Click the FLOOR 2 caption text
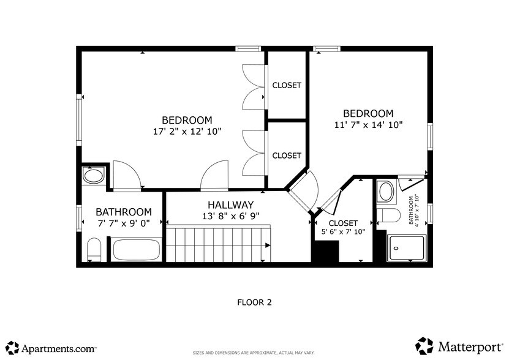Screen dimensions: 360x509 [x=254, y=302]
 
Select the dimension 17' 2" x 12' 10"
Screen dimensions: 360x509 [x=187, y=131]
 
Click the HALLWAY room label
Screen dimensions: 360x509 [x=230, y=205]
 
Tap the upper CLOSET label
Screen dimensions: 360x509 [x=287, y=86]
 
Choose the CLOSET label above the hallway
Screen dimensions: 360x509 [x=287, y=156]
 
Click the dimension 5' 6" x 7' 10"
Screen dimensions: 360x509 [x=343, y=231]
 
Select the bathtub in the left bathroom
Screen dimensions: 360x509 [x=137, y=250]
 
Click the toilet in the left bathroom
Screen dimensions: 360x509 [x=94, y=250]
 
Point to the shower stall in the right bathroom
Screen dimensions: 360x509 [x=406, y=248]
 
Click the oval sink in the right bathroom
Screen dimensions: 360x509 [x=386, y=192]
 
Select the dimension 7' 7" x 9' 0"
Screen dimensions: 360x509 [x=123, y=223]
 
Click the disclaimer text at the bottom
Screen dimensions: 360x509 [x=254, y=353]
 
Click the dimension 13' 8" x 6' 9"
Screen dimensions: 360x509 [x=230, y=216]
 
